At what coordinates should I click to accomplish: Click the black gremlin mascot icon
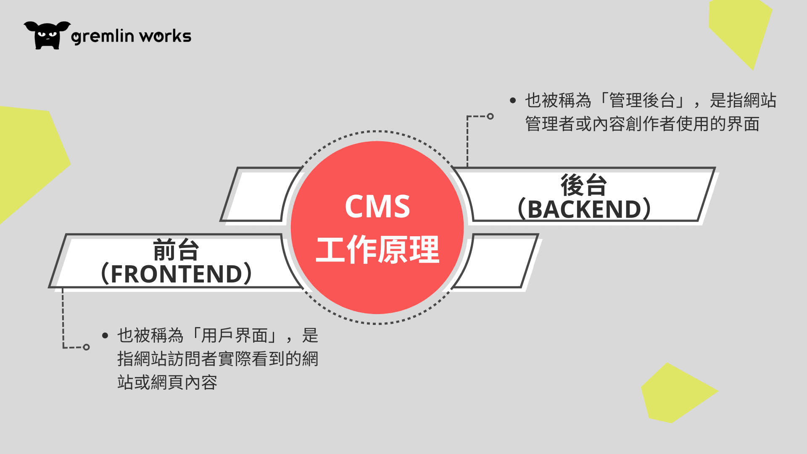coord(47,35)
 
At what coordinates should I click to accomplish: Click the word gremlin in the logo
coord(103,37)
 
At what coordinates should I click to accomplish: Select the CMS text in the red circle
coord(377,206)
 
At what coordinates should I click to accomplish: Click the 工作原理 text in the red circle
coord(377,250)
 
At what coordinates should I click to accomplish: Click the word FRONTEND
coord(177,274)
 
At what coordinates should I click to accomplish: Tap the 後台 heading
coord(583,185)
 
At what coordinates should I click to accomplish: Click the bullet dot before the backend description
coord(512,100)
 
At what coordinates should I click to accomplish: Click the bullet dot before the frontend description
coord(105,335)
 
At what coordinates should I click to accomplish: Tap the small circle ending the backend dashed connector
coord(490,116)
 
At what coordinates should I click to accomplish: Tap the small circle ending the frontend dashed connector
coord(86,347)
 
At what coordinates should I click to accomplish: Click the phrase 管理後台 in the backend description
coord(641,100)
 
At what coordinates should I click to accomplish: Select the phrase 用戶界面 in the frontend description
coord(234,335)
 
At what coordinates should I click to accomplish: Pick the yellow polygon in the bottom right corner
coord(675,393)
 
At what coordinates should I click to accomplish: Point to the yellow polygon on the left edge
coord(29,160)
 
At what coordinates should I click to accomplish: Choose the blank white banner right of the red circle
coord(496,261)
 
